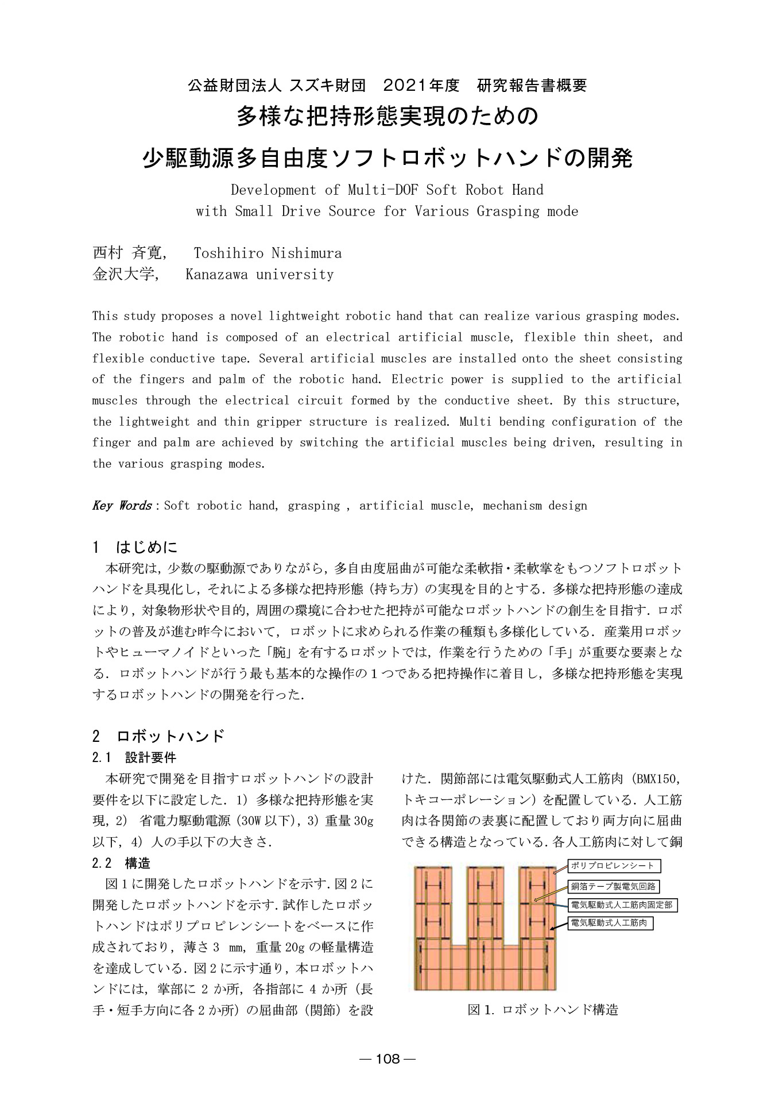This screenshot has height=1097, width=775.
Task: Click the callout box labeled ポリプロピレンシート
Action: coord(613,865)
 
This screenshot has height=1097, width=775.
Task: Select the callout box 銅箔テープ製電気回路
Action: coord(613,886)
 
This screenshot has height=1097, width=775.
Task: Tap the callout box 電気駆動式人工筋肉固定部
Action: coord(622,905)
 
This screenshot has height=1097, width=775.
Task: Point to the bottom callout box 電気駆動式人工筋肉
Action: coord(610,923)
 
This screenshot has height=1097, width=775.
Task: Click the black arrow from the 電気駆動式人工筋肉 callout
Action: coord(559,927)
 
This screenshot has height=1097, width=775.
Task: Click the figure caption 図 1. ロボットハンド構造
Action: coord(542,1009)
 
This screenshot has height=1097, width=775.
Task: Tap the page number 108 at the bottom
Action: coord(387,1058)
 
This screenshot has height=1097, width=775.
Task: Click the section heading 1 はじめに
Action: coord(135,546)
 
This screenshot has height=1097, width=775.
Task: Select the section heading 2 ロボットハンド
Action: coord(158,736)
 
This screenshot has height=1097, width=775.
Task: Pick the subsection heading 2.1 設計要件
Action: coord(134,757)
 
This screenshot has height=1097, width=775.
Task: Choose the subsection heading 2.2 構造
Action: coord(121,863)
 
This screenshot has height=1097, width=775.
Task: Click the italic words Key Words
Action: coord(122,506)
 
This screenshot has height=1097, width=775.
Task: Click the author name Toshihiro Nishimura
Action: coord(268,253)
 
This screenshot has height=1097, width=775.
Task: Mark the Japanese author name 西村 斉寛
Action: coord(127,253)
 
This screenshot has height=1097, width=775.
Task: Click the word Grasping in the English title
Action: coord(508,211)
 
